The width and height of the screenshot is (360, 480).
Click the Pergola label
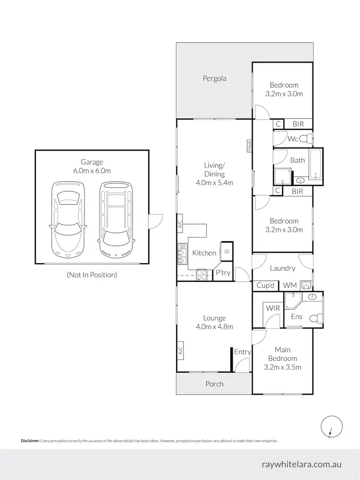214,78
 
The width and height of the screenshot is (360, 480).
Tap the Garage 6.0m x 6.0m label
92,166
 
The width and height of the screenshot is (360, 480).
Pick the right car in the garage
115,219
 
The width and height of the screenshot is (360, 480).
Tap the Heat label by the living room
250,145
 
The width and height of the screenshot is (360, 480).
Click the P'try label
223,273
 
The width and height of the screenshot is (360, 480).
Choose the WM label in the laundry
289,285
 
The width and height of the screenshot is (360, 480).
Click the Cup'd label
264,285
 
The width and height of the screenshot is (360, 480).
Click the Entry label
242,352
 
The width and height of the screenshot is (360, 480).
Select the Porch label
214,384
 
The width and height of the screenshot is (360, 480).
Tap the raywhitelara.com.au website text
302,464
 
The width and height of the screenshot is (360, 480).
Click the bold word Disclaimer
30,440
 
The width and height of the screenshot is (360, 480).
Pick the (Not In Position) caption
91,275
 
